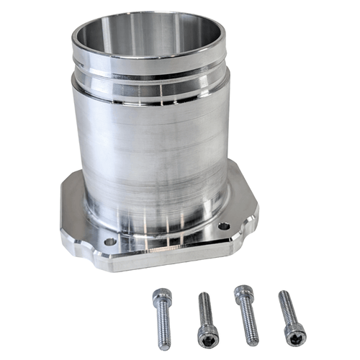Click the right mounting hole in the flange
[x=224, y=226]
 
